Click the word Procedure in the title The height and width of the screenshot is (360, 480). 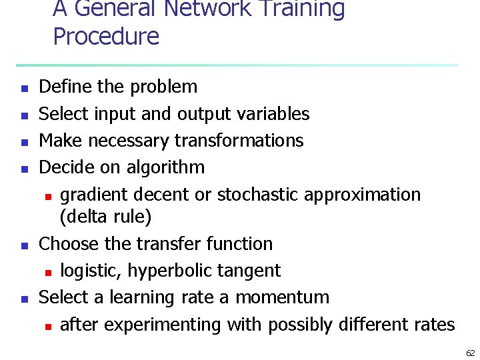pyautogui.click(x=106, y=36)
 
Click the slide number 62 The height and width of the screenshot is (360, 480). pyautogui.click(x=470, y=353)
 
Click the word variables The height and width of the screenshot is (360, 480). pyautogui.click(x=273, y=114)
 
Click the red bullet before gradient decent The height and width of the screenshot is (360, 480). pyautogui.click(x=47, y=196)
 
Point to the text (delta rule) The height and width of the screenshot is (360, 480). pyautogui.click(x=105, y=217)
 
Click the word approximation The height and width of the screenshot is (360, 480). pyautogui.click(x=363, y=195)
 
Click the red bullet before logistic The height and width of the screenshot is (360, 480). pyautogui.click(x=47, y=272)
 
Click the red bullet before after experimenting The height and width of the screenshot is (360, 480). pyautogui.click(x=47, y=326)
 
